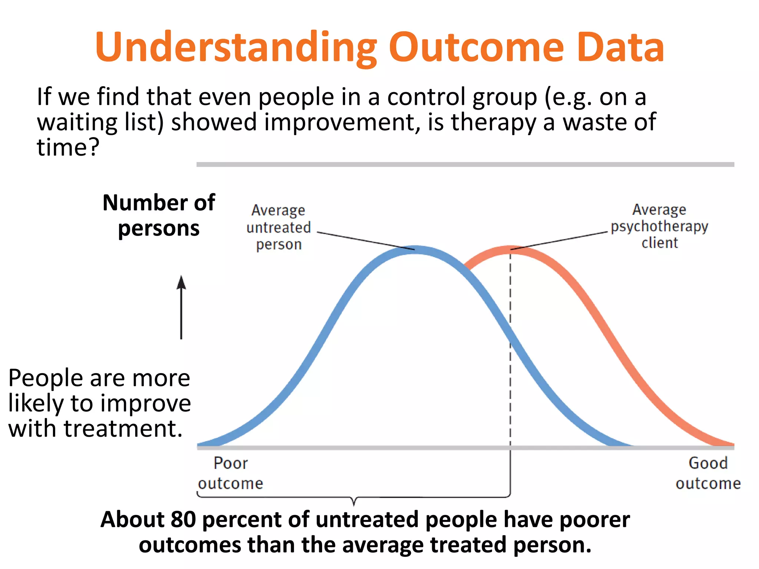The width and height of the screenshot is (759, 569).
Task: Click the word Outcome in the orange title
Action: pos(476,47)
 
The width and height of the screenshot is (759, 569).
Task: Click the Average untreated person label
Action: pos(279,227)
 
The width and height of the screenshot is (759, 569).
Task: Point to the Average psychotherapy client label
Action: pos(659,226)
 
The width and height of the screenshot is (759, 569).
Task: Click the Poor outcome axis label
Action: pos(231,473)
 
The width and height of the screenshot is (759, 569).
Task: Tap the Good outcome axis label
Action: pos(708,473)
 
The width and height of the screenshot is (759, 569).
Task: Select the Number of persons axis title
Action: pos(159,215)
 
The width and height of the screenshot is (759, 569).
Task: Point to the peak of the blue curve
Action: pos(416,250)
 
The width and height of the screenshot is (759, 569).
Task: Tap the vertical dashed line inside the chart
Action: pos(510,296)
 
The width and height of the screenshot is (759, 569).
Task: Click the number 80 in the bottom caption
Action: pos(183,519)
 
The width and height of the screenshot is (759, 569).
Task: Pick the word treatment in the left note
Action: pos(123,429)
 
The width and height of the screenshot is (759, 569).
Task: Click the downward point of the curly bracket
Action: pos(354,504)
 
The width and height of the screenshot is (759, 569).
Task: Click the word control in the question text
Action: pos(426,97)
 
